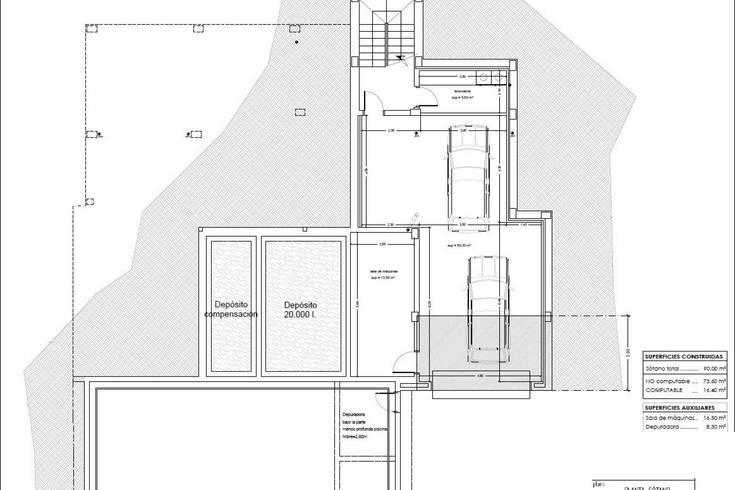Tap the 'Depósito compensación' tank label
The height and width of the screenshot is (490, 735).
231,309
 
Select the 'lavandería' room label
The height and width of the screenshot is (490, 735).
462,91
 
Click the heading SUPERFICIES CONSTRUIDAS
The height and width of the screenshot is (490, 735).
684,356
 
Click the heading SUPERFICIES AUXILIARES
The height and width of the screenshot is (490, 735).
680,408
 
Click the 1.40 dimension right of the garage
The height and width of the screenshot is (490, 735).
524,225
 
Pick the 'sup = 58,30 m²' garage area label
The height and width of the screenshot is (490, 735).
459,245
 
